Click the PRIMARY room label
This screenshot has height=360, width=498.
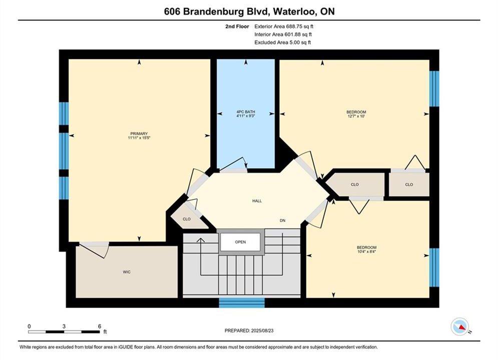(139, 133)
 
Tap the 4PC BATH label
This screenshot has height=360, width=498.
(246, 111)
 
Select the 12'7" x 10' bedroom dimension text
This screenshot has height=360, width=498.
(356, 116)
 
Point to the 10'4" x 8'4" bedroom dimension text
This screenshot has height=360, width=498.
(366, 251)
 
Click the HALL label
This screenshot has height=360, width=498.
(257, 201)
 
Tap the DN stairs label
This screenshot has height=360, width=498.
(282, 220)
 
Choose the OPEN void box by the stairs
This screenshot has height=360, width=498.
(240, 242)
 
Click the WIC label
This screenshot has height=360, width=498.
(127, 272)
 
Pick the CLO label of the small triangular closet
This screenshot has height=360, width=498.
(186, 219)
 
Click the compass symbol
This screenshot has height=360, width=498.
(460, 326)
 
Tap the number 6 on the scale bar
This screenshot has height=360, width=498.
(100, 326)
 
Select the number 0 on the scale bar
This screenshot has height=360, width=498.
(29, 326)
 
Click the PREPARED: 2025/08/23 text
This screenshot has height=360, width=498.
(249, 330)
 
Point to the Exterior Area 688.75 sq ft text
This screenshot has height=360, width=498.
(284, 26)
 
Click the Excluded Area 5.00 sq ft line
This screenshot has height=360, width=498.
(282, 42)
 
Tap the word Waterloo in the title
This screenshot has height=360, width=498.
(294, 11)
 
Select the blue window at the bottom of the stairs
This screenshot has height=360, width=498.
(242, 302)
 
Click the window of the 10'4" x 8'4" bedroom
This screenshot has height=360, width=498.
(434, 267)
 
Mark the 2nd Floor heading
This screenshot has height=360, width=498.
(237, 26)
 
